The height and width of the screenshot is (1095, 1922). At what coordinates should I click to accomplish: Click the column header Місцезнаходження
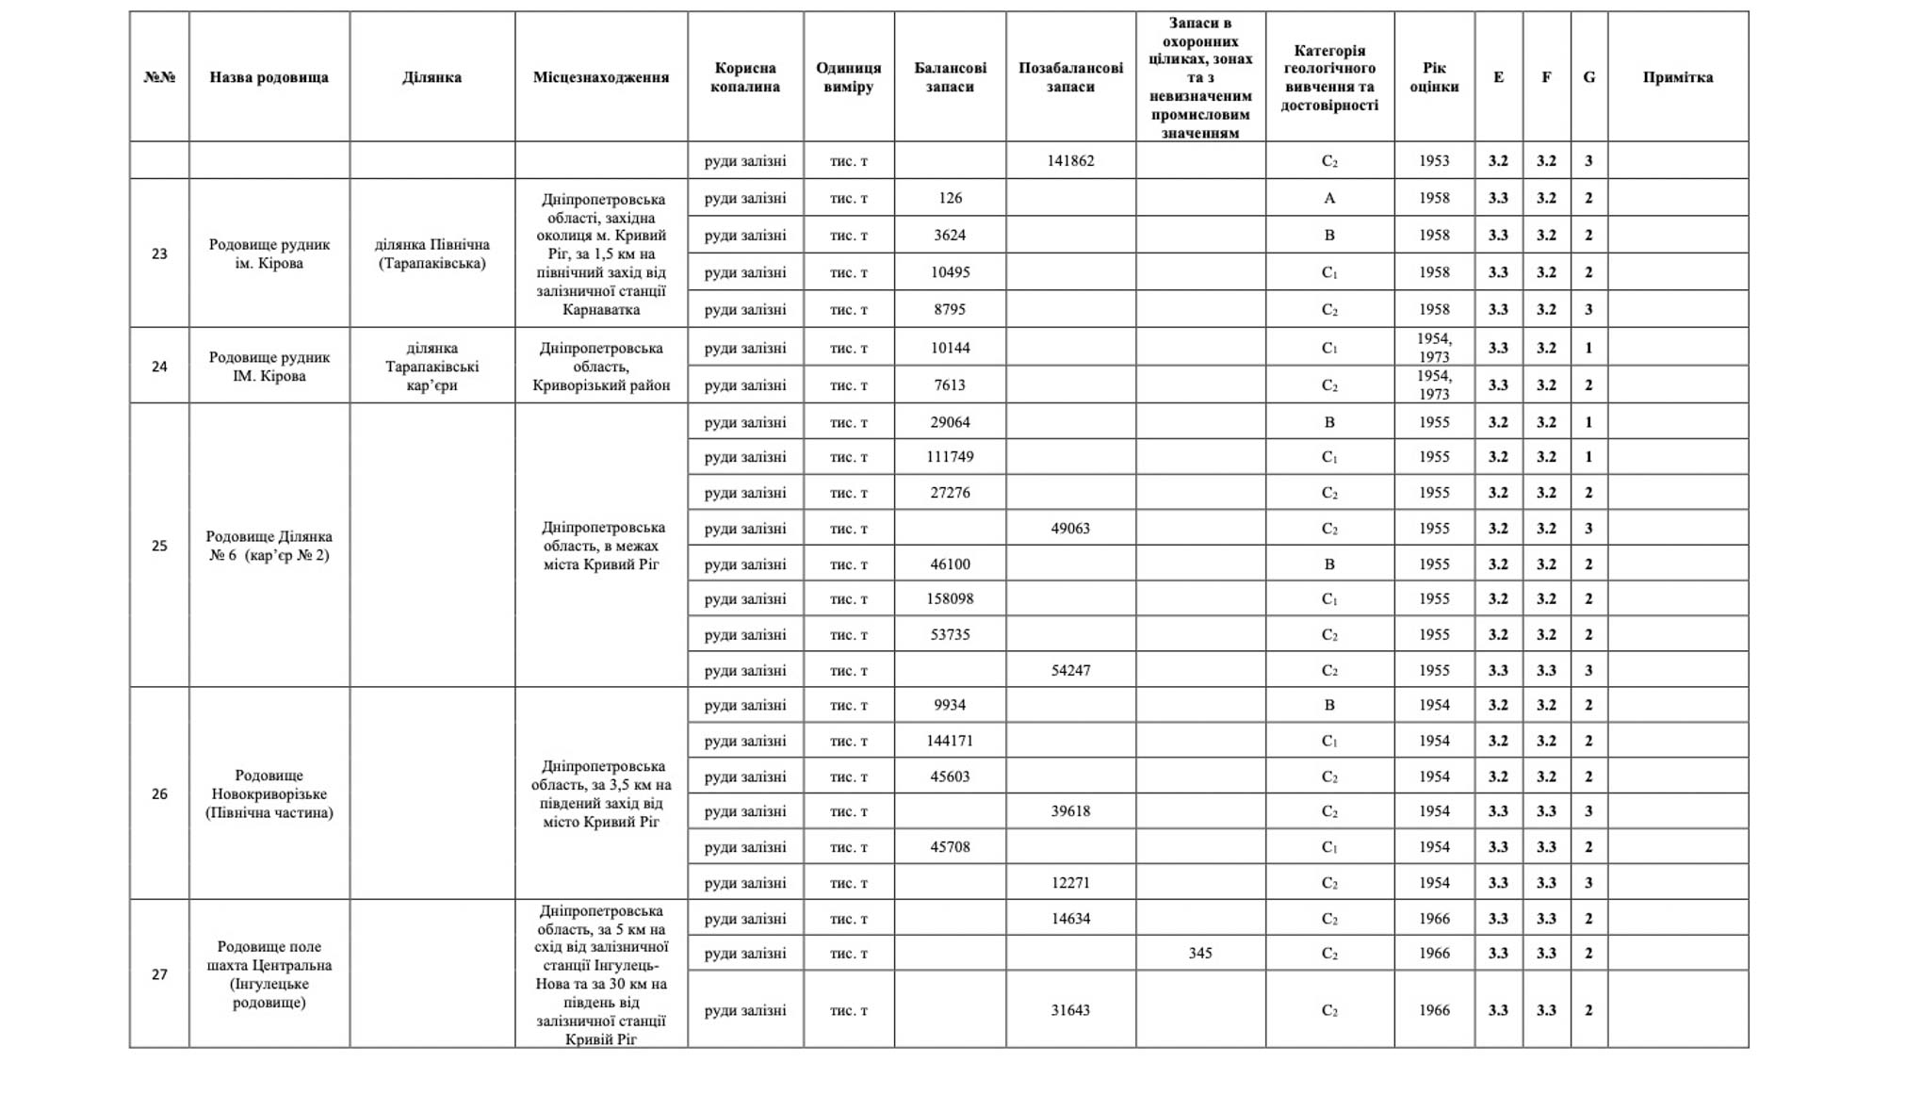(601, 77)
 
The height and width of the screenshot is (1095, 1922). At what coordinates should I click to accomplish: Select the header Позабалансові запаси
(1070, 77)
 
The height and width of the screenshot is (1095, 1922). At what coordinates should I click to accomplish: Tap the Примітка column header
(1677, 77)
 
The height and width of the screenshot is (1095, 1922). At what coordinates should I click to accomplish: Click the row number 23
(159, 253)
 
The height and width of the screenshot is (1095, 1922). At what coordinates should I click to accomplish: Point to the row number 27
(159, 974)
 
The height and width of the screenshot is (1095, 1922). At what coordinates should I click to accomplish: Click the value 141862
(1070, 161)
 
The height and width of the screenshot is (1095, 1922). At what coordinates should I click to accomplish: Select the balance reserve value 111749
(950, 457)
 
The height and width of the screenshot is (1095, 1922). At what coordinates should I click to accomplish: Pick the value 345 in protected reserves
(1199, 954)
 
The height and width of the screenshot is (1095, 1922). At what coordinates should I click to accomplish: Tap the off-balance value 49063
(1070, 529)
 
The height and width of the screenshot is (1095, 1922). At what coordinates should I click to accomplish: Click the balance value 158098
(950, 599)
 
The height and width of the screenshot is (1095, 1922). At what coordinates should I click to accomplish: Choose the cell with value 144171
(950, 741)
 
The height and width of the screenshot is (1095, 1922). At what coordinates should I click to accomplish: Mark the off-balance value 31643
(1070, 1010)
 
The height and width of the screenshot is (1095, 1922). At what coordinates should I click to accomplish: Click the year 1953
(1434, 161)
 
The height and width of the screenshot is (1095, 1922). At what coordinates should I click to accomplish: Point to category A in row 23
(1329, 198)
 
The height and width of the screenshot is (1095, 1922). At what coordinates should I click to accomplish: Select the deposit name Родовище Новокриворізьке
(269, 793)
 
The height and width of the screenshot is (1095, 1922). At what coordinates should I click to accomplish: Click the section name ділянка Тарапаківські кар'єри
(432, 367)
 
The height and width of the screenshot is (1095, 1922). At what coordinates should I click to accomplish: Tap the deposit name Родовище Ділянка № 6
(269, 546)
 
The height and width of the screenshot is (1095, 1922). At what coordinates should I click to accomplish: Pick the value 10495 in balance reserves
(950, 272)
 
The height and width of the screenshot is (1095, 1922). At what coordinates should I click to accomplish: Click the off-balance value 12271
(1070, 883)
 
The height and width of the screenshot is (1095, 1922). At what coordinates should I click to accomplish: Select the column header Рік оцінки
(1434, 77)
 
